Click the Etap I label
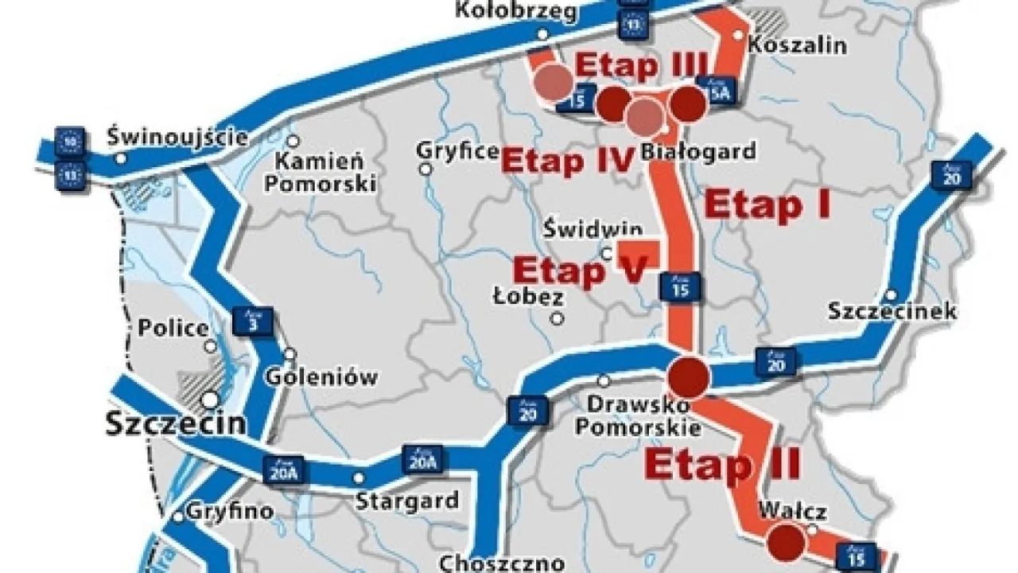(767, 205)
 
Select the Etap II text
(722, 464)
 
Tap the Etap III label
(641, 65)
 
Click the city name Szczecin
(176, 423)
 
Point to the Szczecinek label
(892, 310)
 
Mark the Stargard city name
(406, 501)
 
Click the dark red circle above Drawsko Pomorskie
(688, 377)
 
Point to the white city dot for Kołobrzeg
(542, 33)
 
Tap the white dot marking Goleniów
(290, 353)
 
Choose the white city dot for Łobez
(558, 318)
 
